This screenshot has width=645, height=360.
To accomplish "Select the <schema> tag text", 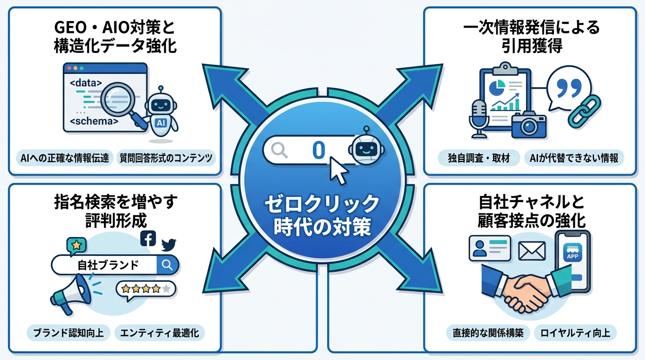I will coord(94,121).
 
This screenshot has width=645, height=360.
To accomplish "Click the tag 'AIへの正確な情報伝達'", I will coord(65,158).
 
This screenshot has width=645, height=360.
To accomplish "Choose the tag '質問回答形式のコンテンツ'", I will coord(165,158).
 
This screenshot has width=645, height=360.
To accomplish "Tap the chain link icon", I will coord(584,111).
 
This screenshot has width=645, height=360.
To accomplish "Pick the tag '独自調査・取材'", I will coord(479,158).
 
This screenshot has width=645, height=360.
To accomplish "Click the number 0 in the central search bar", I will coord(318,150).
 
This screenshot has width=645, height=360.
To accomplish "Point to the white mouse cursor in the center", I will coord(338,171).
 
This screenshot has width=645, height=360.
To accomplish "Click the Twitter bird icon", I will coord(168,244).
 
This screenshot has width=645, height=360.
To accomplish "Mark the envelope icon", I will coord(532,251).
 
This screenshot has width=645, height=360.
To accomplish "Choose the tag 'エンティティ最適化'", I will coord(159,333).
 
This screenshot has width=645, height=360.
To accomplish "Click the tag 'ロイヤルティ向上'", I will coord(575,333).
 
